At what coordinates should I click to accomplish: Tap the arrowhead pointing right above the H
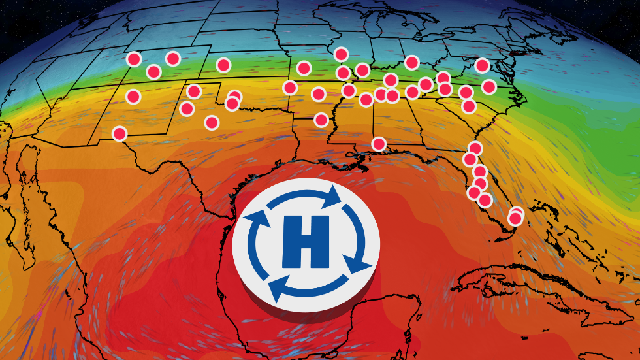click(x=332, y=195)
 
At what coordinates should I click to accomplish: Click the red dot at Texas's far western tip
click(x=119, y=133)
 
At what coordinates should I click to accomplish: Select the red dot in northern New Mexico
click(x=133, y=97)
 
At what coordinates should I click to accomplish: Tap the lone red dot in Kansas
click(x=223, y=65)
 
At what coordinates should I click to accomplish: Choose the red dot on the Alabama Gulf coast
click(x=379, y=143)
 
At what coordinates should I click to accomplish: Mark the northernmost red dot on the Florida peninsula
click(x=475, y=148)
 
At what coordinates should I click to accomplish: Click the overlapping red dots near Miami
click(x=516, y=216)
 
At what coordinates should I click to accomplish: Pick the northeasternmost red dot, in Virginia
click(x=482, y=65)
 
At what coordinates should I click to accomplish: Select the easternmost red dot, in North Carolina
click(x=489, y=86)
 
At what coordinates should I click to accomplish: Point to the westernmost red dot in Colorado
click(x=133, y=59)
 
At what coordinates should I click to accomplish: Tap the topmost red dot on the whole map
click(x=340, y=54)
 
